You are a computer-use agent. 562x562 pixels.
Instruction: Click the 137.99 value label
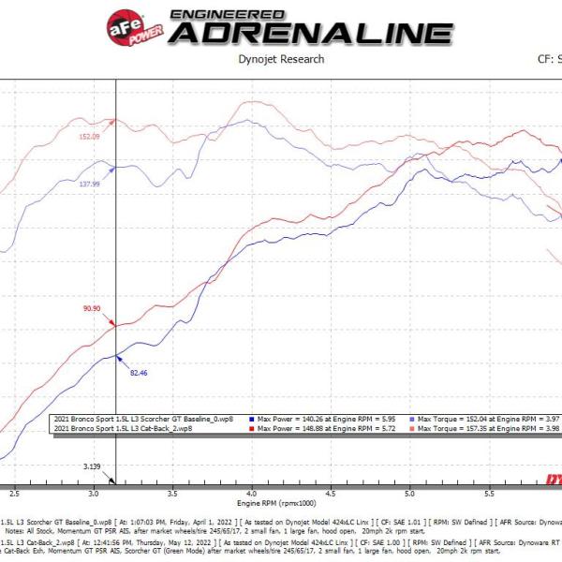(89, 185)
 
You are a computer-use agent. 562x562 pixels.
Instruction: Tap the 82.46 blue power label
(138, 373)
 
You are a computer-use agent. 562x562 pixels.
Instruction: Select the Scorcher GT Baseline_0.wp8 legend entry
(145, 420)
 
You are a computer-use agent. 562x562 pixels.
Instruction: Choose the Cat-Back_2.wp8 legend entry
(126, 428)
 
